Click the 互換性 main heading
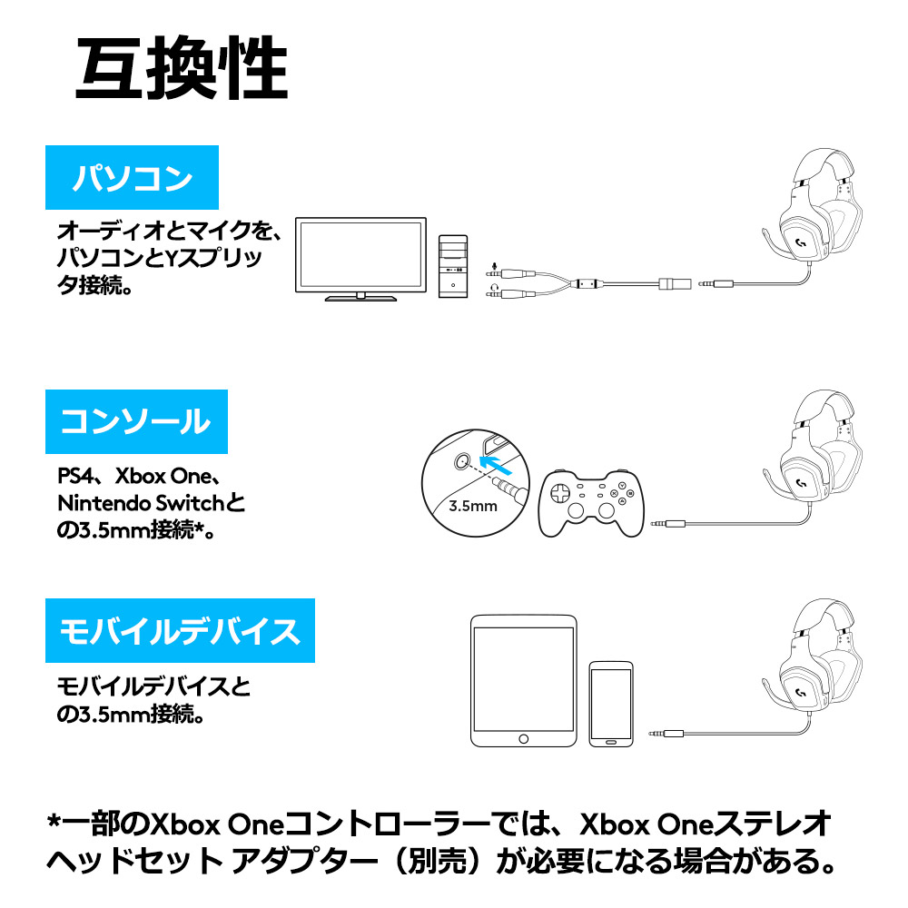182,67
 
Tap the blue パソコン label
132,177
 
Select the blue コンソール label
137,421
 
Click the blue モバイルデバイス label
180,631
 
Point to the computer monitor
360,259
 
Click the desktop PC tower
453,266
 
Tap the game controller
591,503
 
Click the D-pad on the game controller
560,494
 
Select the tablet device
524,681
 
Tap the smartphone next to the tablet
611,705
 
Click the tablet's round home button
524,739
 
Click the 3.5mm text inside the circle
473,506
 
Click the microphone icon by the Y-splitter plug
494,266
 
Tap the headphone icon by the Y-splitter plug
494,287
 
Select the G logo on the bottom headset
802,692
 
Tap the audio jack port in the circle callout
461,461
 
